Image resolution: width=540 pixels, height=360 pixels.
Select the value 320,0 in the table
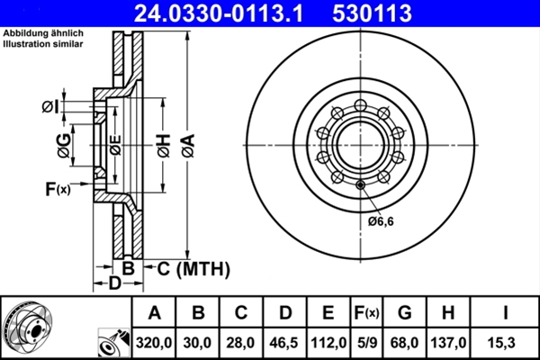[155, 343]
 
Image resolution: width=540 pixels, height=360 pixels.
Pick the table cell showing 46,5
[285, 343]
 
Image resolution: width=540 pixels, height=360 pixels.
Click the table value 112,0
[328, 343]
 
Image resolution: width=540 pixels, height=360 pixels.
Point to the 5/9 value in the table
[367, 343]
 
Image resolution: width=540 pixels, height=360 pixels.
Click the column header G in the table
[405, 313]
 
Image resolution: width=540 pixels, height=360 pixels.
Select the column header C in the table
[242, 313]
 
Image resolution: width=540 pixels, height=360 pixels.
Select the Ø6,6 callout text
[382, 220]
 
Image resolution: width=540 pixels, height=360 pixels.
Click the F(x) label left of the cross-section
[57, 189]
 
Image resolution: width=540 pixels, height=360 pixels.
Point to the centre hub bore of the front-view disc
[360, 144]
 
